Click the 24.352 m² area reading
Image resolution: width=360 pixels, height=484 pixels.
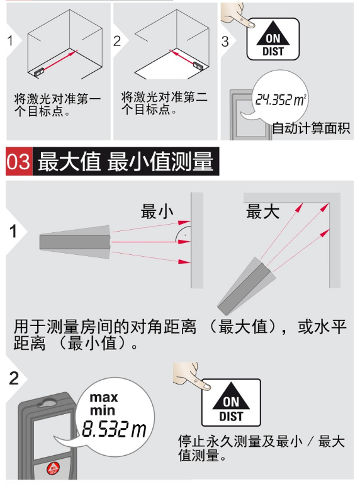(280, 99)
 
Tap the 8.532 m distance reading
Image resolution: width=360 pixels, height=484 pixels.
(114, 429)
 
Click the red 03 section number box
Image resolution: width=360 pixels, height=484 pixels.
(19, 161)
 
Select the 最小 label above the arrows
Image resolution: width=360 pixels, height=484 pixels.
(157, 211)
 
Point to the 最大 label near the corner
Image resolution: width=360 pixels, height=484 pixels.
(262, 211)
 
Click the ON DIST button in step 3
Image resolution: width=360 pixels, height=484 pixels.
(273, 39)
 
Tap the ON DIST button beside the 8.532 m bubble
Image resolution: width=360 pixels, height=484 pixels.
(231, 403)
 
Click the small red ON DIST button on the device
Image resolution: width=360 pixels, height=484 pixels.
(53, 468)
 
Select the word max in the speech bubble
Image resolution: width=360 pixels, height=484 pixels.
(104, 397)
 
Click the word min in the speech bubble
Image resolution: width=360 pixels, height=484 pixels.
(103, 410)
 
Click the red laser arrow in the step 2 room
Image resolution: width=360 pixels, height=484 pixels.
(182, 57)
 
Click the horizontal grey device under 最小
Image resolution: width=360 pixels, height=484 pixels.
(75, 242)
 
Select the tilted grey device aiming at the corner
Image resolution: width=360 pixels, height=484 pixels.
(246, 286)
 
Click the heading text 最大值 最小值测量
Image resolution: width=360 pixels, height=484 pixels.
(126, 162)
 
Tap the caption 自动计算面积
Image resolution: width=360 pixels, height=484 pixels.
(311, 128)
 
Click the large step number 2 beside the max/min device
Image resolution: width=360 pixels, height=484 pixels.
(14, 378)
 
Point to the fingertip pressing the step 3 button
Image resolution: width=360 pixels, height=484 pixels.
(250, 24)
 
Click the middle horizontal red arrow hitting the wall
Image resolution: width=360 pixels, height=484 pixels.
(150, 242)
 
